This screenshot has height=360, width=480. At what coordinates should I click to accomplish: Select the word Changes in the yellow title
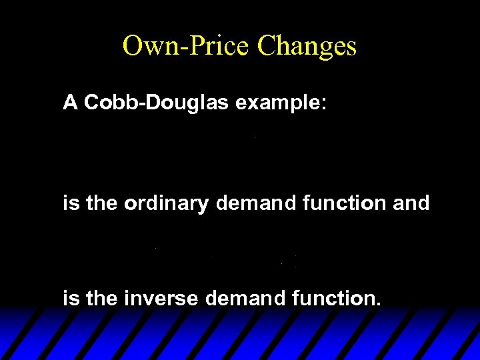click(x=307, y=46)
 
